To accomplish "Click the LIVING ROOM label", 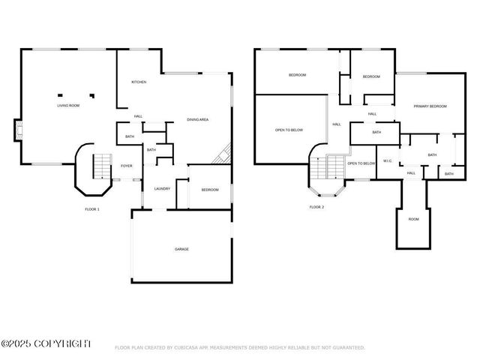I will point(68,106).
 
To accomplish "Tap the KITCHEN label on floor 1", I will point(139,82).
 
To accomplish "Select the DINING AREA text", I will point(197,120).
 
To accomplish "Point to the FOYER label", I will point(126,166).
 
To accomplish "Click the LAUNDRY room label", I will point(163,189).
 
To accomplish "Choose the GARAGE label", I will point(181,249).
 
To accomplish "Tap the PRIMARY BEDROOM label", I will point(430,106).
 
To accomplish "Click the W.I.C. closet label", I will point(388,160).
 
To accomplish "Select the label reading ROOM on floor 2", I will point(413,219).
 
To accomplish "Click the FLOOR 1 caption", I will point(91,209).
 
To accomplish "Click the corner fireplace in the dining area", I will point(223,155).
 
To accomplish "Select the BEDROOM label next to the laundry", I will point(209,190).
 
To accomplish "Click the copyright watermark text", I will point(46,343).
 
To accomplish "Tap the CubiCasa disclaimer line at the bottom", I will point(239,347).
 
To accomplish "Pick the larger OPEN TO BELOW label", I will point(289,130).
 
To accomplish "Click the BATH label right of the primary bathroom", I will point(448,174).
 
